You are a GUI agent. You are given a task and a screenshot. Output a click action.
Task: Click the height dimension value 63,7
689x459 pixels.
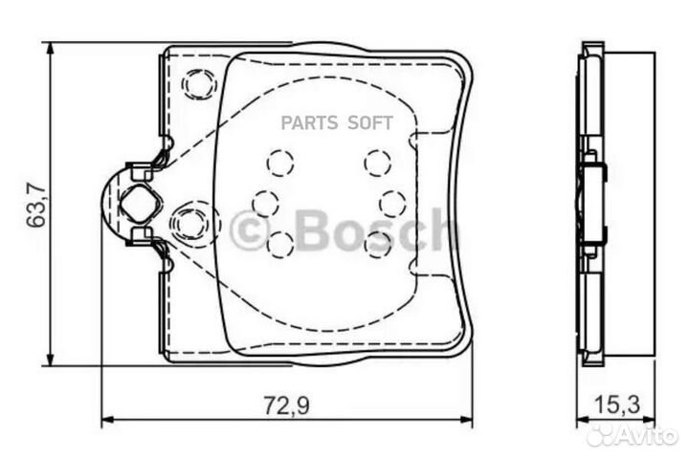pyautogui.click(x=37, y=206)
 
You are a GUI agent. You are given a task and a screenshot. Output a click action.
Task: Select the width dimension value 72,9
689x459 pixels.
pyautogui.click(x=287, y=404)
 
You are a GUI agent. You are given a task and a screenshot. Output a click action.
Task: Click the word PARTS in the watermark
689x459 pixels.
pyautogui.click(x=313, y=121)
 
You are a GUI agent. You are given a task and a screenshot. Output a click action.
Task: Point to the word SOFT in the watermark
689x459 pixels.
pyautogui.click(x=369, y=121)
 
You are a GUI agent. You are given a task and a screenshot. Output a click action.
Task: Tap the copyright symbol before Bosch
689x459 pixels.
pyautogui.click(x=251, y=230)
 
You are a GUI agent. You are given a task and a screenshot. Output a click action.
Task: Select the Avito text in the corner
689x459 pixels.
pyautogui.click(x=648, y=436)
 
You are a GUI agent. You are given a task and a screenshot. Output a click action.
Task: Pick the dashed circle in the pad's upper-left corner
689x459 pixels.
pyautogui.click(x=199, y=85)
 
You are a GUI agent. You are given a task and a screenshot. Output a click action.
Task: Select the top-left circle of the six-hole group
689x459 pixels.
pyautogui.click(x=279, y=164)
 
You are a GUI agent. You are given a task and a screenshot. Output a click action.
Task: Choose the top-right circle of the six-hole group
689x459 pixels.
pyautogui.click(x=377, y=164)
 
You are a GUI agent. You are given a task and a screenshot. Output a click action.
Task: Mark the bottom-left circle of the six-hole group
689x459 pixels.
pyautogui.click(x=279, y=245)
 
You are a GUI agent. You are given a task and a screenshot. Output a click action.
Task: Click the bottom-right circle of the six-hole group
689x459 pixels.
pyautogui.click(x=377, y=245)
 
